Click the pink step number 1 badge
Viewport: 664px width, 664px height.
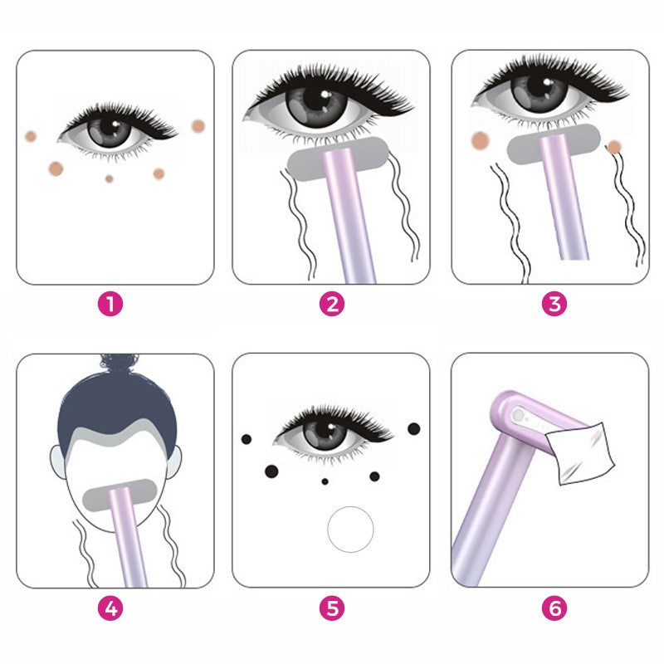click(110, 304)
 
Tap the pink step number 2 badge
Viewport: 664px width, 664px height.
click(332, 304)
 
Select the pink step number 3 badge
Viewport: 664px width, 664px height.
click(554, 304)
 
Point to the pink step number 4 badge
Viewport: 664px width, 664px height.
click(110, 608)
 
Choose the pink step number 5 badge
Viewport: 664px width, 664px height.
click(332, 608)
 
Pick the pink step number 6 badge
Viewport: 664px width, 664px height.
click(554, 608)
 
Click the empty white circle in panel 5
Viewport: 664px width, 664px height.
click(350, 530)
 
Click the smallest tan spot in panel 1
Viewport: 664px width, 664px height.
click(110, 178)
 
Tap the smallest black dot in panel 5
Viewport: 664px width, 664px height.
click(325, 481)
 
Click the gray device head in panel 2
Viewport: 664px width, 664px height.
click(338, 159)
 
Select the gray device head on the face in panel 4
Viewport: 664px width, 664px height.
click(120, 495)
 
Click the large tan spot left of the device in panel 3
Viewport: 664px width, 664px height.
click(481, 140)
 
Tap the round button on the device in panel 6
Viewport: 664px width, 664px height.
click(517, 415)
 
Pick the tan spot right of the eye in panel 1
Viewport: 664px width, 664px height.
click(198, 126)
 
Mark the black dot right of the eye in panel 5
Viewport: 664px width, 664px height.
click(413, 428)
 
